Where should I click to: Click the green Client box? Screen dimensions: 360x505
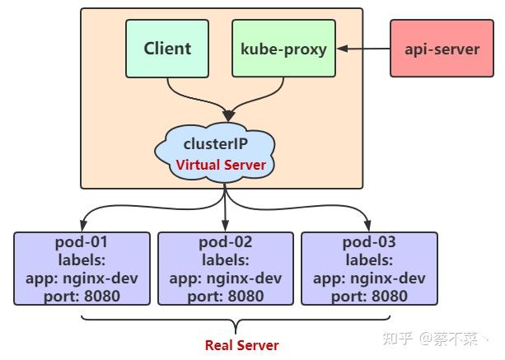tap(167, 49)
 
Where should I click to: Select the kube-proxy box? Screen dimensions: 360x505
tap(283, 49)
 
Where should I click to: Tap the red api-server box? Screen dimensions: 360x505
tap(441, 49)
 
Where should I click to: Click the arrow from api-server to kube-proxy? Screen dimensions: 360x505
tap(362, 49)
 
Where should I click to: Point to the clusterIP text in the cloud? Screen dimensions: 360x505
tap(221, 142)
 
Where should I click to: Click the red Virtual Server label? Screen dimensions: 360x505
tap(221, 165)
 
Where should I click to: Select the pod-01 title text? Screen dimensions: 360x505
tap(82, 242)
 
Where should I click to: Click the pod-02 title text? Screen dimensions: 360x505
tap(225, 242)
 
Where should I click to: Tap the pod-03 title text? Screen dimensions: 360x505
tap(369, 242)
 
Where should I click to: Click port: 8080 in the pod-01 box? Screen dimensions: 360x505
tap(82, 296)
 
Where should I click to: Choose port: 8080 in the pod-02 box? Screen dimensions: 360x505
tap(225, 296)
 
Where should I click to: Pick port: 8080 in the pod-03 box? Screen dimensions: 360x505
tap(369, 296)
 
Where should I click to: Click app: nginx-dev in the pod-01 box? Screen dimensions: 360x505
tap(82, 278)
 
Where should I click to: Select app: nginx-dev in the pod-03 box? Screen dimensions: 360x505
tap(369, 278)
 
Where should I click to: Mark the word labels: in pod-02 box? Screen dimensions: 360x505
tap(225, 260)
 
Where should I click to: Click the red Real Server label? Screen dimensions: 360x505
tap(241, 345)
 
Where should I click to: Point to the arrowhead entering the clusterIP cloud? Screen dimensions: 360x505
tap(225, 115)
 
